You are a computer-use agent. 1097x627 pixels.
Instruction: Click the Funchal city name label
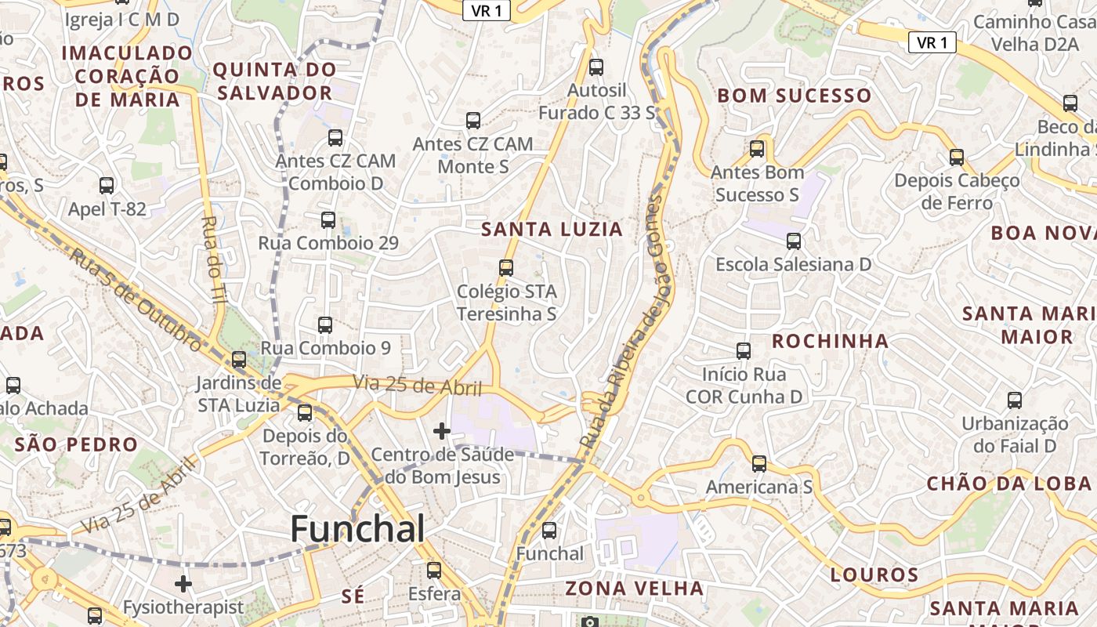point(357,530)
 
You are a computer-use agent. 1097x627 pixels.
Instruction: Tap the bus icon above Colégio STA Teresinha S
point(506,268)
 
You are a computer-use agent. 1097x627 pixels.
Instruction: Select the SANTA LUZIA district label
point(552,230)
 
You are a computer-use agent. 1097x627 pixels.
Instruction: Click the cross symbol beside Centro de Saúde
point(442,430)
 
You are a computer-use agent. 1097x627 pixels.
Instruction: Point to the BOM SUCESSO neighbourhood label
point(795,96)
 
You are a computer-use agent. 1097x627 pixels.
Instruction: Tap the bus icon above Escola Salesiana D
point(794,241)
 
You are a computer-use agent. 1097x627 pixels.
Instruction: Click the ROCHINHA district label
point(831,341)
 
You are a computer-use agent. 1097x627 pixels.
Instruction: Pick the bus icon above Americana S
point(758,464)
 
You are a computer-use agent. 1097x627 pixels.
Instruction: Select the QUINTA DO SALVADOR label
point(275,82)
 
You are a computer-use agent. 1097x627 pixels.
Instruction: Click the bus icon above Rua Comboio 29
point(328,220)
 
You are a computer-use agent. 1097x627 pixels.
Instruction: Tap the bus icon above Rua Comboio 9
point(325,324)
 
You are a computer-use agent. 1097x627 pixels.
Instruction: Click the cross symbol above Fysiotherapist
point(183,584)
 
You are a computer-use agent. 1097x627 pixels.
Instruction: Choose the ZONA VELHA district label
point(635,589)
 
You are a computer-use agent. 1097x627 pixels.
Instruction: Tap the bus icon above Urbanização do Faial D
point(1015,400)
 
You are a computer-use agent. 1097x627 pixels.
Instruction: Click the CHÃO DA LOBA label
point(1009,484)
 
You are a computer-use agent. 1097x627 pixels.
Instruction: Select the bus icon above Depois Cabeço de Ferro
point(957,158)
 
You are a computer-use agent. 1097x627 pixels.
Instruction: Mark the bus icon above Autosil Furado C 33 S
point(596,67)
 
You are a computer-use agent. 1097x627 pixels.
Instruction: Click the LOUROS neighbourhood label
point(874,575)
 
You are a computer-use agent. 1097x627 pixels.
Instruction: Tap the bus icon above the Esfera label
point(434,571)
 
